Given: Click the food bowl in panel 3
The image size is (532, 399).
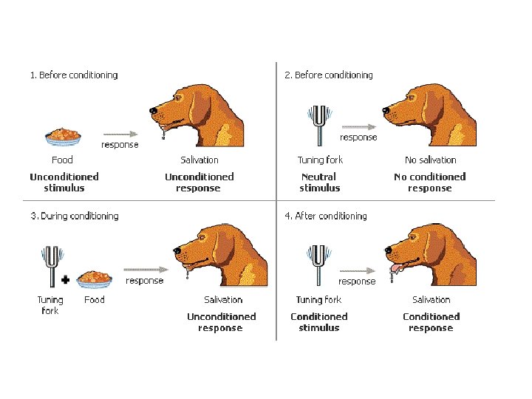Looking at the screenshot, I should [94, 279].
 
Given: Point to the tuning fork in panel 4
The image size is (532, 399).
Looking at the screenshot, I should [319, 264].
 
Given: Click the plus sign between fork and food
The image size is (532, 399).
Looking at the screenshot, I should [66, 281].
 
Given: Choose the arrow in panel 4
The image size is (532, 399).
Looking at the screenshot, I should [356, 271].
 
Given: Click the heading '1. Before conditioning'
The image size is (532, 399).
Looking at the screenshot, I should [74, 75].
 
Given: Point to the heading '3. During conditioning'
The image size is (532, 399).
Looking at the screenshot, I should [74, 216].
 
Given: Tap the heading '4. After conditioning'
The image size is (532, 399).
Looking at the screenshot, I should [326, 216].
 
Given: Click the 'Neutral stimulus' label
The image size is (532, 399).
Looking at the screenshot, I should [319, 182].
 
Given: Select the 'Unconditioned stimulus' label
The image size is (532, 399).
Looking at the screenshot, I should [64, 182].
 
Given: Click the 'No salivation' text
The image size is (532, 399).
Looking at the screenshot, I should [431, 160].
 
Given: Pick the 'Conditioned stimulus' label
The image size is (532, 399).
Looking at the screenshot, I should [318, 322].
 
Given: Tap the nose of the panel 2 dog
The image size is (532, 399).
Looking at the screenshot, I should [386, 112].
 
